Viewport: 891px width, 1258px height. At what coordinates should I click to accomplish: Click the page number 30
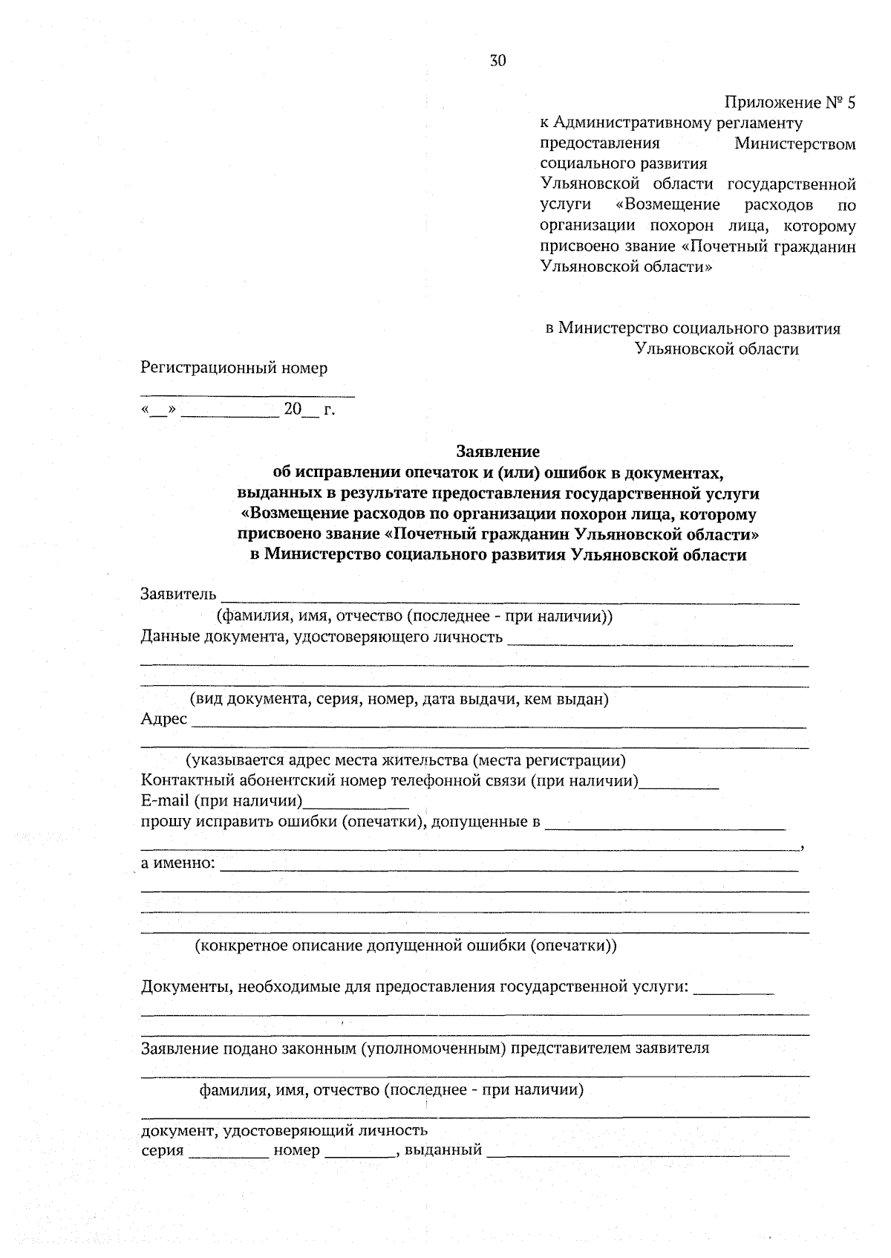click(x=497, y=61)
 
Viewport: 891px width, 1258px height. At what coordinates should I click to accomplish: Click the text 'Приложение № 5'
click(x=789, y=103)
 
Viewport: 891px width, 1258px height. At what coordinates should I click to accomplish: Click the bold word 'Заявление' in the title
click(x=497, y=451)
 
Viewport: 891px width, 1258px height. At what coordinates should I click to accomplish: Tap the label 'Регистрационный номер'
click(x=234, y=368)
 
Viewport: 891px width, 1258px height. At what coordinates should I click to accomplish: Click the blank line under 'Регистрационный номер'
click(x=247, y=395)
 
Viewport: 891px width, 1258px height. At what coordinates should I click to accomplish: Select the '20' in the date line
click(x=293, y=409)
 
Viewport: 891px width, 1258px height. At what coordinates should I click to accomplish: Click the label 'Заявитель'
click(x=178, y=594)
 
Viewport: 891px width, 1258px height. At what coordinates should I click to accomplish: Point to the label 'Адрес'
click(x=163, y=719)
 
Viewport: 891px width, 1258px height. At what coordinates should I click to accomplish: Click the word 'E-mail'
click(x=165, y=801)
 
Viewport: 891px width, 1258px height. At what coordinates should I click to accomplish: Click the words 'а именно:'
click(x=178, y=863)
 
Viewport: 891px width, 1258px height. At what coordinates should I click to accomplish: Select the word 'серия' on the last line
click(x=162, y=1151)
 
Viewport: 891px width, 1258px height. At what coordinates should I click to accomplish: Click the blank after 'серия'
click(x=229, y=1154)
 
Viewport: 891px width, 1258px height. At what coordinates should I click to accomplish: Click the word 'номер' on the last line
click(x=296, y=1151)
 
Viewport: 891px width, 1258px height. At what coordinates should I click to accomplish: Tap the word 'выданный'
click(x=443, y=1151)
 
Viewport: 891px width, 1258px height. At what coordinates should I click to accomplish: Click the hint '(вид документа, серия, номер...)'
click(x=399, y=699)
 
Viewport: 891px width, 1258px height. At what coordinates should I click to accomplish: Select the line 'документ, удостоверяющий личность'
click(x=284, y=1131)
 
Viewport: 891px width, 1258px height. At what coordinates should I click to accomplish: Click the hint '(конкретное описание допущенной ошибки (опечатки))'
click(x=405, y=946)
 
